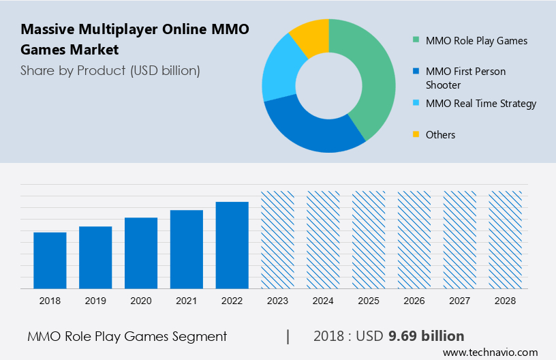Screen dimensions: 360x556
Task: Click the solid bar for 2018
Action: coord(50,260)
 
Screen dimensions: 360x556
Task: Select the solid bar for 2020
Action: coord(141,253)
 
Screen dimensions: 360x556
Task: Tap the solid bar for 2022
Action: coord(232,245)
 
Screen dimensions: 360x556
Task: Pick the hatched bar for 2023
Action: coord(278,239)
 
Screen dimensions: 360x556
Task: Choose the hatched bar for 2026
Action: coord(414,239)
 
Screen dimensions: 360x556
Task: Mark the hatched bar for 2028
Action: coord(506,239)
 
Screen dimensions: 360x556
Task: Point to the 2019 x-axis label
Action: coord(95,301)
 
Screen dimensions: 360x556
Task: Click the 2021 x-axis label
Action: coord(187,301)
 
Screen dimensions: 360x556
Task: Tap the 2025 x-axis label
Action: coord(369,301)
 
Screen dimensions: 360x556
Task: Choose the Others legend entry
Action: coord(440,135)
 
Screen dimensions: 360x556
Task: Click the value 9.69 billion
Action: coord(426,336)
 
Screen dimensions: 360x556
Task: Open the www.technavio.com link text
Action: coord(490,352)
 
